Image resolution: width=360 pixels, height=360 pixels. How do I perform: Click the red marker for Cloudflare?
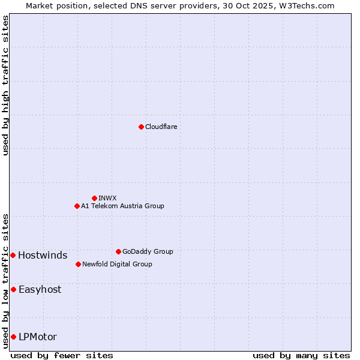pos(141,127)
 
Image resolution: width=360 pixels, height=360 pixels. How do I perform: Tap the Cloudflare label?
pos(161,127)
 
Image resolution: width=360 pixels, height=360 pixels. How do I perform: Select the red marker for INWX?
pos(94,198)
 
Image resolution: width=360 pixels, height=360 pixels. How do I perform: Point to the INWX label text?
pos(107,198)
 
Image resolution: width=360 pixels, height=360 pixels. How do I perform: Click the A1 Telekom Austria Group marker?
pos(77,206)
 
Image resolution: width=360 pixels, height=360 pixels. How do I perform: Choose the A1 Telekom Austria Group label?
pos(122,206)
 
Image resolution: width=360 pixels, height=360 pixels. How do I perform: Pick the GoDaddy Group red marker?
pos(118,251)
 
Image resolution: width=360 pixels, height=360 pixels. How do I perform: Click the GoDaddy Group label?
pos(148,251)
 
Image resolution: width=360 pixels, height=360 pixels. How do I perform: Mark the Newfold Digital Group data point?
pos(78,264)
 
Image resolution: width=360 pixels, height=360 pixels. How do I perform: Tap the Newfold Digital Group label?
pos(117,264)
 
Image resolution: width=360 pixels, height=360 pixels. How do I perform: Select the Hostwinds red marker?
pos(13,255)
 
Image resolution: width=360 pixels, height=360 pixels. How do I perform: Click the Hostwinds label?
pos(43,256)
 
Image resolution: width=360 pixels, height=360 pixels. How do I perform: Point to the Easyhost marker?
pos(13,289)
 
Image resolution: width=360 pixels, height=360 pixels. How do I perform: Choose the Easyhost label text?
pos(40,289)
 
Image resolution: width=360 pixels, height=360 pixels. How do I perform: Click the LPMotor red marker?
pos(13,337)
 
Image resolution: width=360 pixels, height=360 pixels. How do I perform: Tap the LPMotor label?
pos(38,337)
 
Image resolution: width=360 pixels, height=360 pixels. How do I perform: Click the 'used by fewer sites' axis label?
pos(62,355)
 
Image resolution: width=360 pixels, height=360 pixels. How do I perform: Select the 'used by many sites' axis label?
pos(301,355)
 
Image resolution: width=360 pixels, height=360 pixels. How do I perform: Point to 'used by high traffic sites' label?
pos(5,86)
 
